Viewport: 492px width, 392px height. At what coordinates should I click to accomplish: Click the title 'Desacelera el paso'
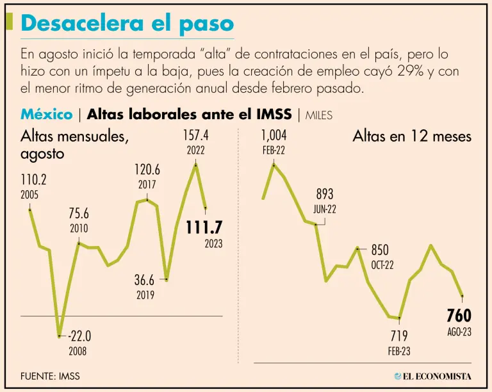tap(127, 23)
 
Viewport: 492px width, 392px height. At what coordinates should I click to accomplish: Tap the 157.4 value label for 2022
tap(196, 136)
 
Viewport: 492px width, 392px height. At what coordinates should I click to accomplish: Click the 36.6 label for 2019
tap(145, 280)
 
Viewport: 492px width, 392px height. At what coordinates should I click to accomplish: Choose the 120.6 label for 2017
tap(147, 170)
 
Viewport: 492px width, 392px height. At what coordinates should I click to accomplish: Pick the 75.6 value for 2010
tap(79, 214)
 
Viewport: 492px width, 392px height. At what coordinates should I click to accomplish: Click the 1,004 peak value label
tap(274, 135)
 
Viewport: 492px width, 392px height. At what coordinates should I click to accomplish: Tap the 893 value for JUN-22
tap(325, 194)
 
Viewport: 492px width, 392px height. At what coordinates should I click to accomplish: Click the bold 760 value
tap(459, 316)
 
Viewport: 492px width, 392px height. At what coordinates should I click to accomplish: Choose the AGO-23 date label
tap(459, 332)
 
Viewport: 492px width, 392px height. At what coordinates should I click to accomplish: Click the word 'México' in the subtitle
tap(46, 115)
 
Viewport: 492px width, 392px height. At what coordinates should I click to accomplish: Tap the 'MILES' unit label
tap(319, 116)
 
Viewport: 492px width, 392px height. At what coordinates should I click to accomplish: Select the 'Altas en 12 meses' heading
tap(411, 136)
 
